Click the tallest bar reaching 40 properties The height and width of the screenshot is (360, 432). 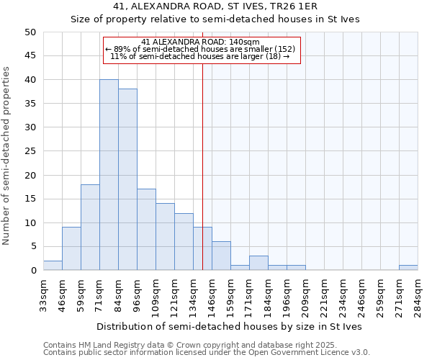109,175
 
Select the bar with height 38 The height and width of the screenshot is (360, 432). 127,180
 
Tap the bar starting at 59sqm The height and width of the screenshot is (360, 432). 90,228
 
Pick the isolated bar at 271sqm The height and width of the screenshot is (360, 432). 408,268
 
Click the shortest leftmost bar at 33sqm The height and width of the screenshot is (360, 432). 53,266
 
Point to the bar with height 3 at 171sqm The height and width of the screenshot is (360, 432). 258,263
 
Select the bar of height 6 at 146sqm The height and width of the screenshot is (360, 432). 221,256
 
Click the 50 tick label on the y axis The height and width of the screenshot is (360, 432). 30,32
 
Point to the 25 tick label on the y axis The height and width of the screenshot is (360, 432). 30,151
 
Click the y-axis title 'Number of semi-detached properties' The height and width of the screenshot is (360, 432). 7,155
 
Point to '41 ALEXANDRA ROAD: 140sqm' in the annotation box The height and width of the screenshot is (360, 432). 200,42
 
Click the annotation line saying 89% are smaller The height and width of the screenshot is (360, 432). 200,49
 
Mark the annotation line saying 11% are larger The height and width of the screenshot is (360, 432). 200,56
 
